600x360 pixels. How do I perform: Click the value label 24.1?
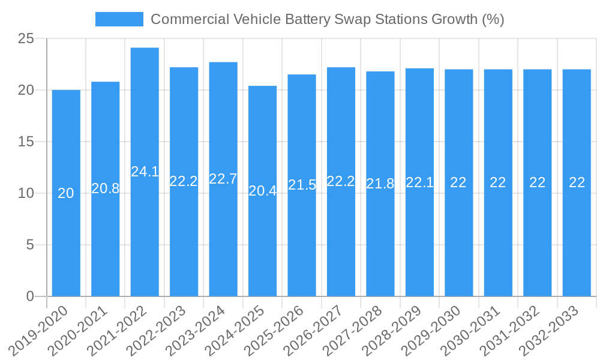145,172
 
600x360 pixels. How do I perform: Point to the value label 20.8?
105,188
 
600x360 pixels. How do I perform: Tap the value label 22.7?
223,179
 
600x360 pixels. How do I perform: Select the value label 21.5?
302,185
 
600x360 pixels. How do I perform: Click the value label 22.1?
419,182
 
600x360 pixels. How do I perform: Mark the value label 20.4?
262,191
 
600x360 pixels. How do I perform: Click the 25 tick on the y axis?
26,39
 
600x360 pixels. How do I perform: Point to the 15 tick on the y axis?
26,142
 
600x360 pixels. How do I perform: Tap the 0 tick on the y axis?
31,296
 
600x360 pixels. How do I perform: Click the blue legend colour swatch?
119,19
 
